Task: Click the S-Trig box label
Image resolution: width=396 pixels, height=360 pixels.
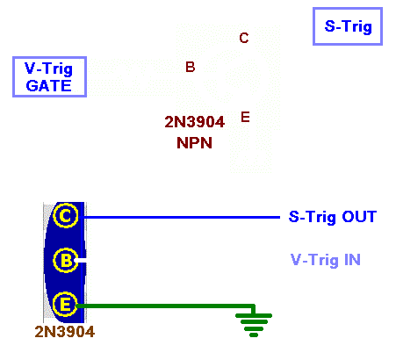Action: (x=348, y=26)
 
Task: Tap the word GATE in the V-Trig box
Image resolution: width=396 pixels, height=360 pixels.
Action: (x=49, y=86)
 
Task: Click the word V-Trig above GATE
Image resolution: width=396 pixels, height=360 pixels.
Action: (x=49, y=68)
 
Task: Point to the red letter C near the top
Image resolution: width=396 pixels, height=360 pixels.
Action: (x=244, y=38)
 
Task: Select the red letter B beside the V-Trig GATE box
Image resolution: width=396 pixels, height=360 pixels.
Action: (x=191, y=67)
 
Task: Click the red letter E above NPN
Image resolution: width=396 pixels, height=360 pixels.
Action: (x=245, y=117)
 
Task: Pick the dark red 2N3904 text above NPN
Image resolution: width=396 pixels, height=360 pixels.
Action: (x=195, y=122)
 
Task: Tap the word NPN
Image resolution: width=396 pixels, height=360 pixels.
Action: (x=194, y=143)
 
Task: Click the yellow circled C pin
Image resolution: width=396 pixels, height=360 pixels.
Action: (x=66, y=216)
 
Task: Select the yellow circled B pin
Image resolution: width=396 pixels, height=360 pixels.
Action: (x=66, y=260)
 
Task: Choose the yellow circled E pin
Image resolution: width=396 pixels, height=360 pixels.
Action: (x=66, y=305)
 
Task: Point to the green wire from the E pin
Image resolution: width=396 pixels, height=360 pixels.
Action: (x=165, y=306)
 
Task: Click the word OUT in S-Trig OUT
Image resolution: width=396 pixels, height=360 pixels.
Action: (x=359, y=217)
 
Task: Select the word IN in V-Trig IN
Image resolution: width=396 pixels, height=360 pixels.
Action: (x=352, y=260)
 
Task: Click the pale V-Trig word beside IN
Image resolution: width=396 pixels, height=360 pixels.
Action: (x=315, y=261)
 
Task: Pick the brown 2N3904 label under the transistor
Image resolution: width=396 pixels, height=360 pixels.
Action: (x=65, y=332)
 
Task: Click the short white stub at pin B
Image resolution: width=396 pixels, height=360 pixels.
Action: (x=82, y=260)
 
